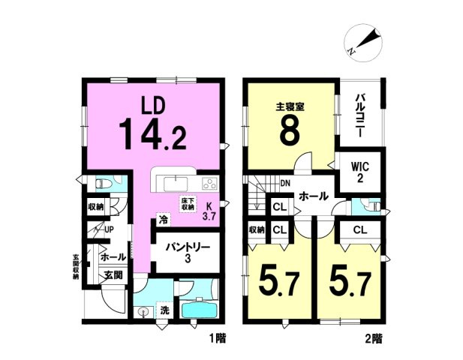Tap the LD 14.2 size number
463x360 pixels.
(152, 133)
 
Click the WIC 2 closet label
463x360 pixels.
(360, 173)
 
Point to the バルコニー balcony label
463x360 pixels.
(359, 115)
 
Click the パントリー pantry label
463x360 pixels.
(188, 252)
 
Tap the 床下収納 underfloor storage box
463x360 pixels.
(188, 204)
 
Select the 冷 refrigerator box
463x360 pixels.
(164, 220)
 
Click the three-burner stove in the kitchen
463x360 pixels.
(210, 184)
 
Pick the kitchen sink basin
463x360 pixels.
(176, 184)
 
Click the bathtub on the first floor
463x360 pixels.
(200, 310)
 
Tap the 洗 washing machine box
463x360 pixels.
(164, 310)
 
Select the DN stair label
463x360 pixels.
(285, 184)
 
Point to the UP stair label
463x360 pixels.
(109, 229)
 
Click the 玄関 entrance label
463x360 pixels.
(113, 274)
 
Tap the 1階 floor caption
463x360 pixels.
(218, 338)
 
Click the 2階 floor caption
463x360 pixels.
(374, 340)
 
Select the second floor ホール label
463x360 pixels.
(313, 196)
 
